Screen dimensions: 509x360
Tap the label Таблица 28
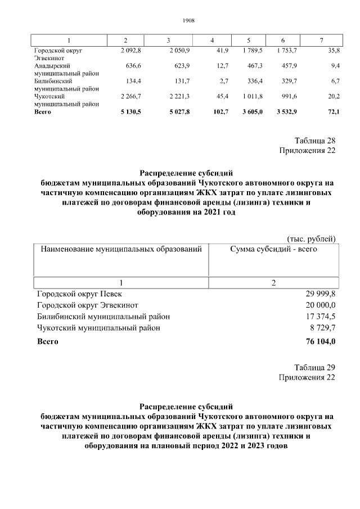point(314,141)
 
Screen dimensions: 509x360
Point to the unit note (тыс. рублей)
point(311,238)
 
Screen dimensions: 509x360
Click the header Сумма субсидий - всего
point(273,248)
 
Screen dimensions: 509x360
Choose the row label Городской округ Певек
point(79,294)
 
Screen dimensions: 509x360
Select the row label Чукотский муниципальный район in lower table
point(98,328)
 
